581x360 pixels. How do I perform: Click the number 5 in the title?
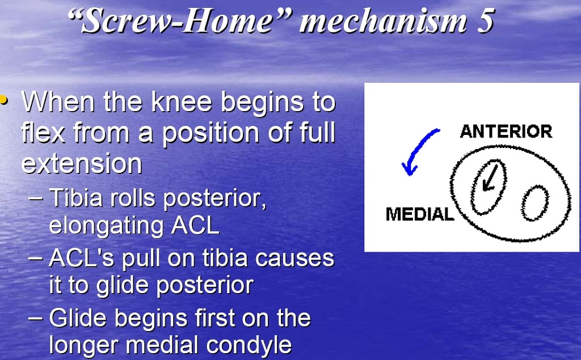(x=486, y=20)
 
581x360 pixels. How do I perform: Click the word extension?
(x=82, y=163)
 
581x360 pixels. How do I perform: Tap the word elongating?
(x=106, y=225)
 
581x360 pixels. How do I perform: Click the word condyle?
(x=249, y=345)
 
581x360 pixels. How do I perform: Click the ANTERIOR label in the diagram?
(x=506, y=132)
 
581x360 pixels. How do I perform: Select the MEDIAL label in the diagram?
(x=420, y=214)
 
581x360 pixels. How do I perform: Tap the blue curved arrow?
(x=418, y=147)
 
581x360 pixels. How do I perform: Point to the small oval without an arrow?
(x=535, y=203)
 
